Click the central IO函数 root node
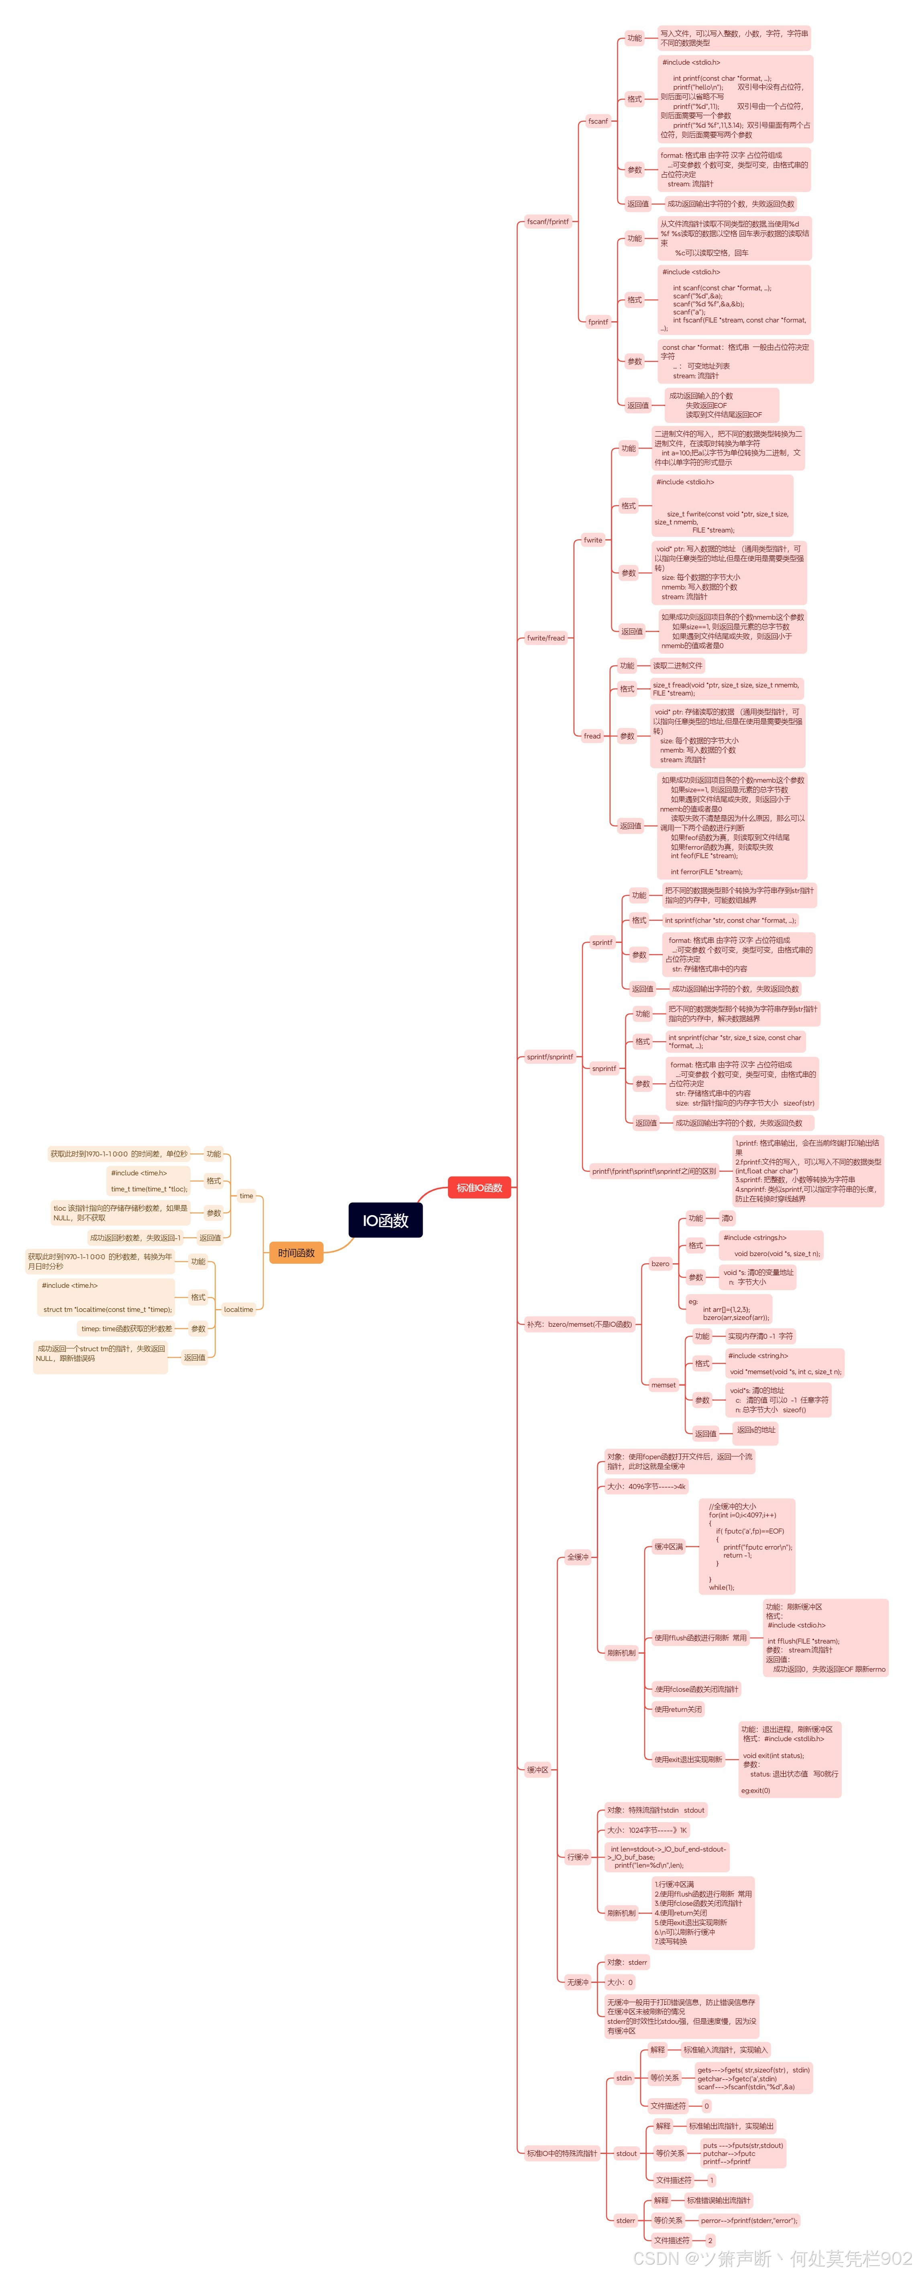click(x=385, y=1220)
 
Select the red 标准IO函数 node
click(x=479, y=1187)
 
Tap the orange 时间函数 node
click(x=295, y=1252)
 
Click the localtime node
click(x=238, y=1309)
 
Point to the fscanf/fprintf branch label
click(x=547, y=222)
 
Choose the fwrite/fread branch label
click(x=545, y=637)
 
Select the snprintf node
click(x=603, y=1068)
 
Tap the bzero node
click(x=660, y=1263)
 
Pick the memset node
click(x=663, y=1384)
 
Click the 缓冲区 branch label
click(x=537, y=1769)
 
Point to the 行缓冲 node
click(x=577, y=1856)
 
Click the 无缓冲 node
click(x=577, y=1982)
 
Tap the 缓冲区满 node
click(x=668, y=1547)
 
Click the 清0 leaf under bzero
click(x=727, y=1218)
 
